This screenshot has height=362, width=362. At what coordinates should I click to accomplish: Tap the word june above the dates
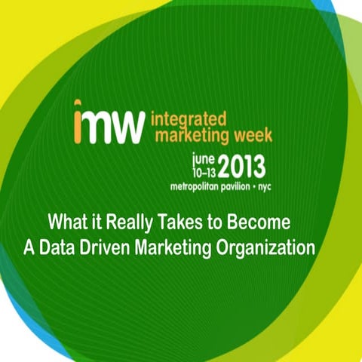tap(204, 158)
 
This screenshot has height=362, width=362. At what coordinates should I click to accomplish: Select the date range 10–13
tap(204, 171)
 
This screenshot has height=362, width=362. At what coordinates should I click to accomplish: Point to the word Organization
tap(271, 248)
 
